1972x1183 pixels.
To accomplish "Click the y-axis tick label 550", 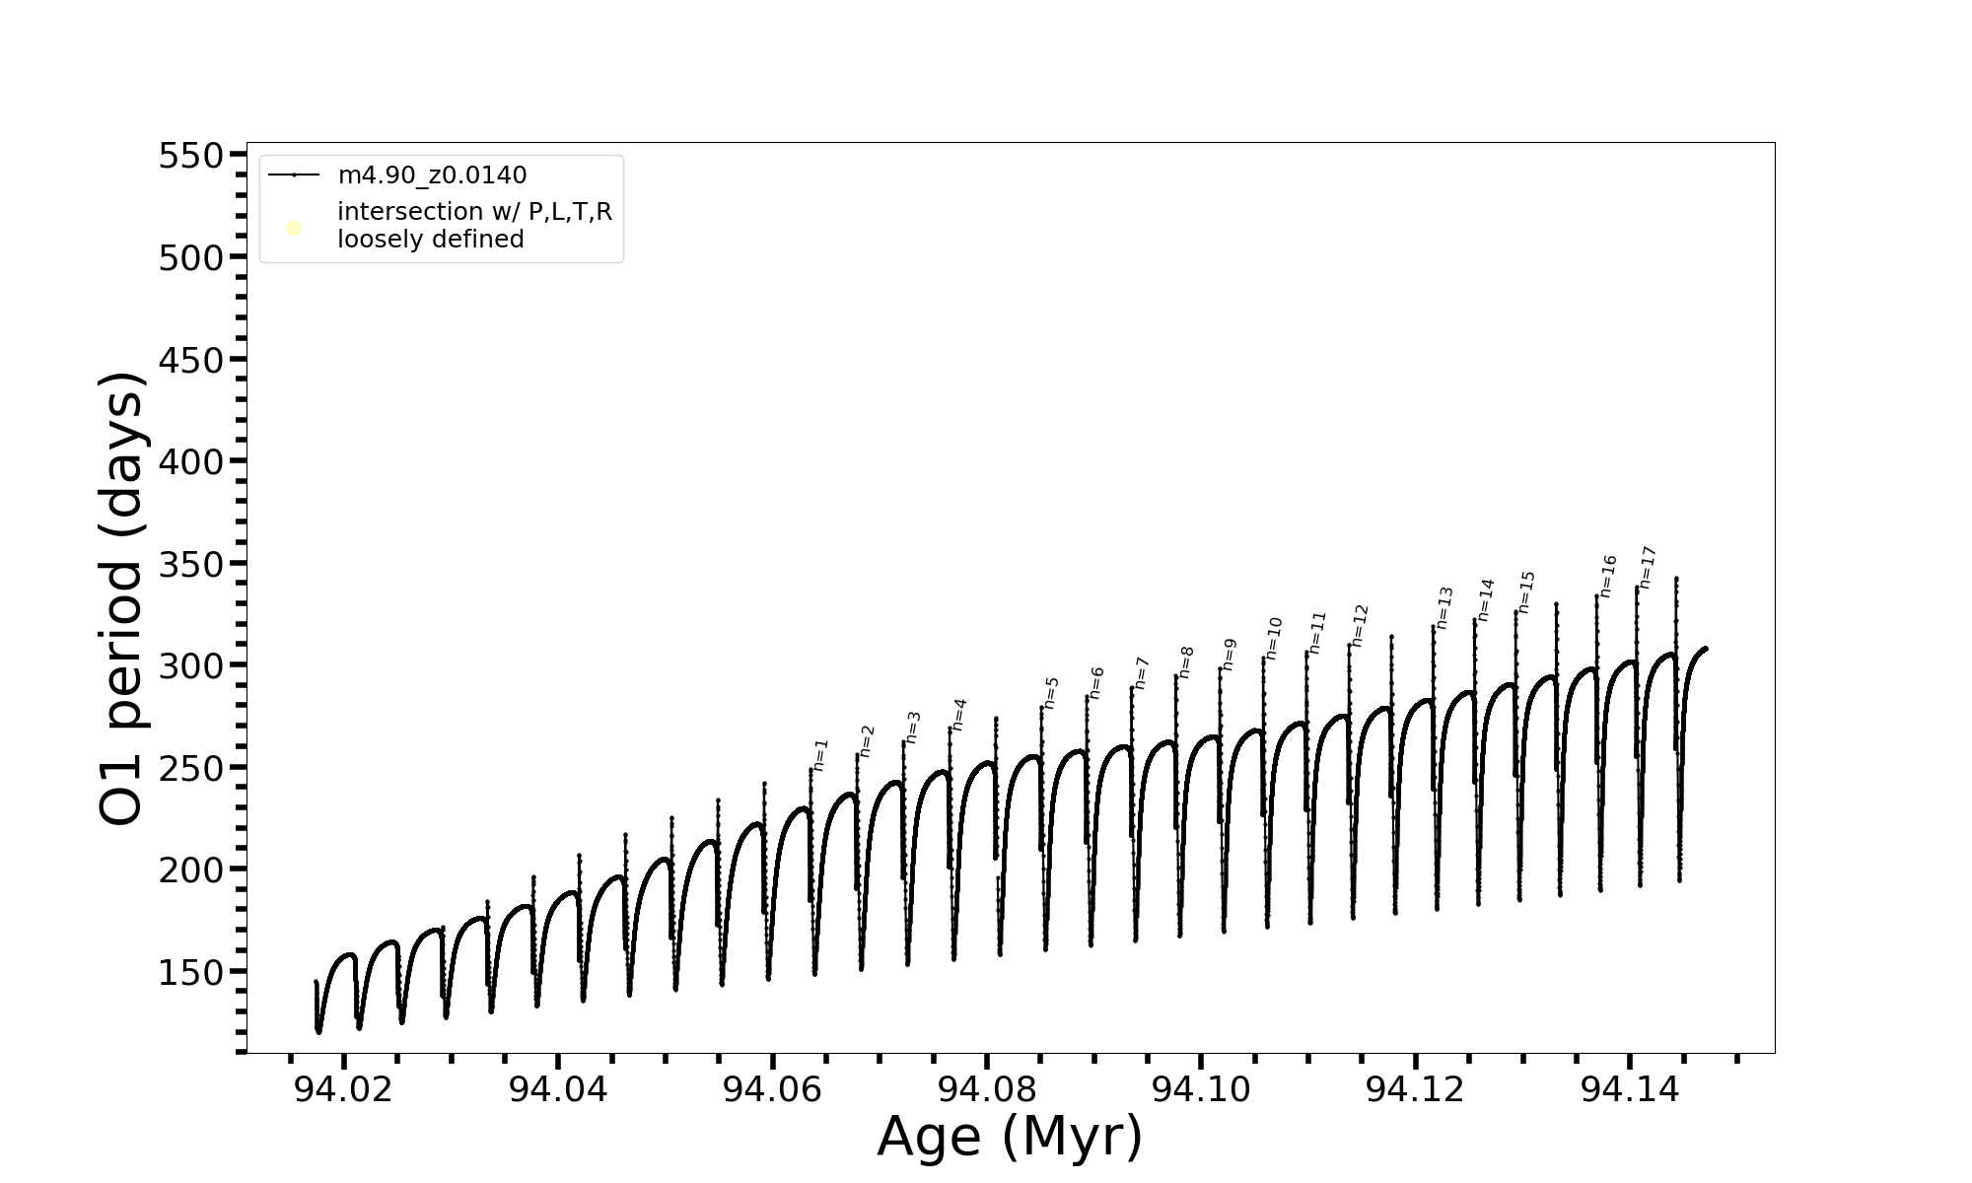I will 191,156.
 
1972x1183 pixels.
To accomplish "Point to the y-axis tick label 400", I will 191,461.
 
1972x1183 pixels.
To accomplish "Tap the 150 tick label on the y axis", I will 191,972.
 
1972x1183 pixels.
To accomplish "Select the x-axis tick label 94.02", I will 343,1089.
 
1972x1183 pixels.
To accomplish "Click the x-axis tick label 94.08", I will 986,1089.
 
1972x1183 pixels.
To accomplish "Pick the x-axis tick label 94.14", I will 1629,1089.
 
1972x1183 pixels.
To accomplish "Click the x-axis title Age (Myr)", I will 1010,1137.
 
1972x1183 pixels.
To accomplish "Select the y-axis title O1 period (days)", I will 122,598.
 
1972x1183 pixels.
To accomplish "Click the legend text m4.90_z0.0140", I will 432,175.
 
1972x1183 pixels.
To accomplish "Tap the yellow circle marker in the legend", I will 294,229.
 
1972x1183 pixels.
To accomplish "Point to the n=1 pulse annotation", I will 821,755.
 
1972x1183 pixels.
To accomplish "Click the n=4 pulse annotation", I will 959,715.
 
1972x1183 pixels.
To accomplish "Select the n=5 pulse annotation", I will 1051,693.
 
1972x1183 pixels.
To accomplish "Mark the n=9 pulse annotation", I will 1230,655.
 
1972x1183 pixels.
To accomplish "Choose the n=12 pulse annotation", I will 1361,626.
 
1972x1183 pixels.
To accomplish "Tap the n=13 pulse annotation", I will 1444,608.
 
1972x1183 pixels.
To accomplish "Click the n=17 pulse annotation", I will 1647,567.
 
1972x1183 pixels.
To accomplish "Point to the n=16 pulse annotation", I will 1608,577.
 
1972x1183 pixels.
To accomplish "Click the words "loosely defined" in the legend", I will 430,240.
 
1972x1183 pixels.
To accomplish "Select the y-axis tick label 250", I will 191,768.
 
